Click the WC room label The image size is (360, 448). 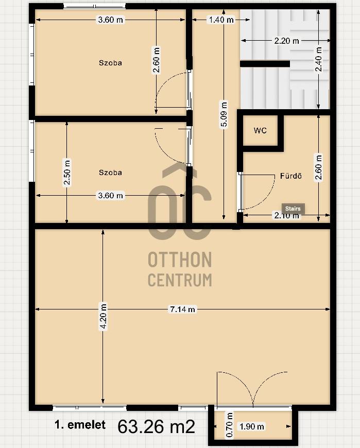[x=260, y=131]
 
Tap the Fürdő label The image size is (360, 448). [x=290, y=176]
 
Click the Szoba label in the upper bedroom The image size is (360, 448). [x=110, y=63]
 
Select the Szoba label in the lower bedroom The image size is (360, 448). [x=110, y=173]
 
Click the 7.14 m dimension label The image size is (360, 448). [x=182, y=309]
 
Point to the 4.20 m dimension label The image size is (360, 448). [x=103, y=317]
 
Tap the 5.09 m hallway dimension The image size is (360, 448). [x=224, y=114]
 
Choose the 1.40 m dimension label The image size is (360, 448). [x=221, y=20]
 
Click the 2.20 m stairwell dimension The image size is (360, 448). [x=286, y=41]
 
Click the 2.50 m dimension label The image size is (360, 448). [x=67, y=173]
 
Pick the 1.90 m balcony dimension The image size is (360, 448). [x=252, y=426]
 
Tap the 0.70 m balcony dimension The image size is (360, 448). [x=229, y=425]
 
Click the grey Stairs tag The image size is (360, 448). [x=293, y=209]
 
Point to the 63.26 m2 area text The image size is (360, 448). [x=156, y=427]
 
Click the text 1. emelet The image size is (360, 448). [x=80, y=425]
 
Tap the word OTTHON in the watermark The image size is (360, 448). [x=180, y=260]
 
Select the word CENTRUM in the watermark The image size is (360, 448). [x=180, y=280]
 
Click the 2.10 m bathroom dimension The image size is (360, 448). [x=286, y=215]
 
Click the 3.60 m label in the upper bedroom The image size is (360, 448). [x=110, y=20]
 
